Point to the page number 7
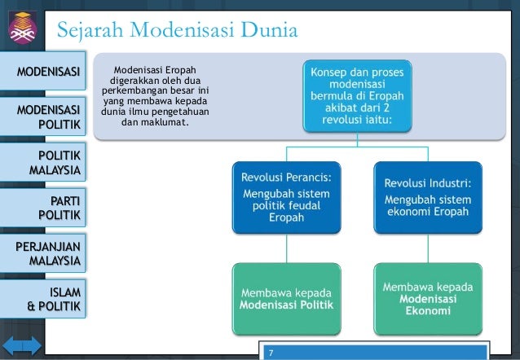pyautogui.click(x=272, y=353)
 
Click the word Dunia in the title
pyautogui.click(x=270, y=32)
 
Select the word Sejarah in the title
pyautogui.click(x=93, y=32)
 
